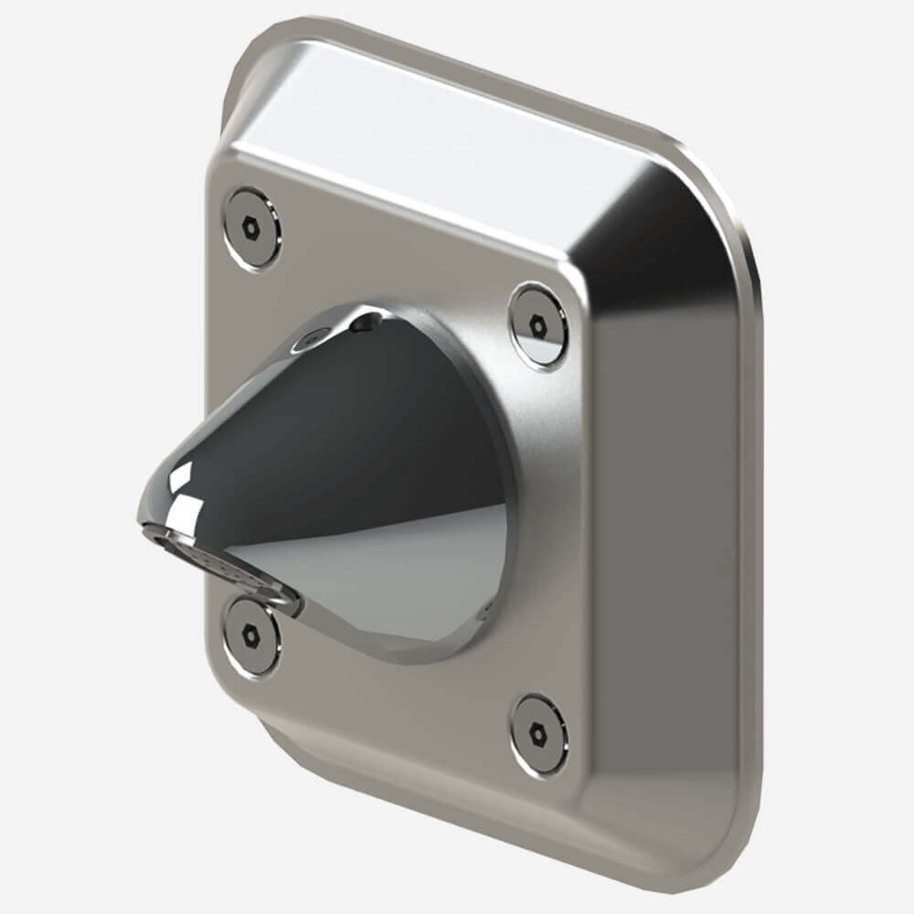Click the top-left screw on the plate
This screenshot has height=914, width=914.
coord(252,228)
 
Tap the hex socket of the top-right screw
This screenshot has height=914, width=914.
coord(538,325)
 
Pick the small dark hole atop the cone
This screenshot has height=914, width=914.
coord(367,322)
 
